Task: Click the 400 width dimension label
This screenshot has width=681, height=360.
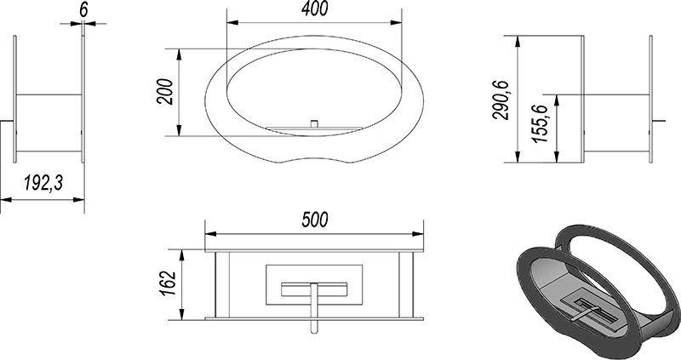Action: click(315, 9)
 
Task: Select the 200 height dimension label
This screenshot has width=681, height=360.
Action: click(165, 92)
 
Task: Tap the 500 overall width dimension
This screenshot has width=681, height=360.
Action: click(315, 220)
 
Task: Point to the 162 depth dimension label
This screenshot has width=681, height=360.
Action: click(168, 283)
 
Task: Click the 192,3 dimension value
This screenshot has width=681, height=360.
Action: click(43, 183)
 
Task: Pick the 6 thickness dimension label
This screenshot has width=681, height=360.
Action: click(83, 10)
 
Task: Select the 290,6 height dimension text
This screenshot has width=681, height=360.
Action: click(501, 100)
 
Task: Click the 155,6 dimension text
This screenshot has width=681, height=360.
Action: click(540, 123)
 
